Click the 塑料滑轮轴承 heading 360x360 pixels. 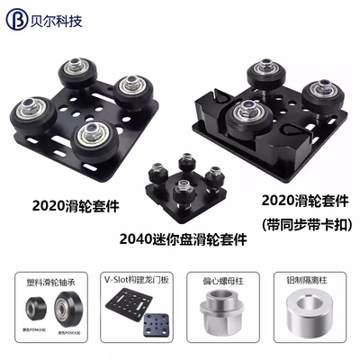click(x=46, y=278)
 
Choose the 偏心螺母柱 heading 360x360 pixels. click(x=224, y=278)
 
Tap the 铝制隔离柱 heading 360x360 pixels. click(x=311, y=278)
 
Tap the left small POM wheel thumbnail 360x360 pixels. click(x=32, y=315)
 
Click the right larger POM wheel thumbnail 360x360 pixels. click(x=63, y=315)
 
